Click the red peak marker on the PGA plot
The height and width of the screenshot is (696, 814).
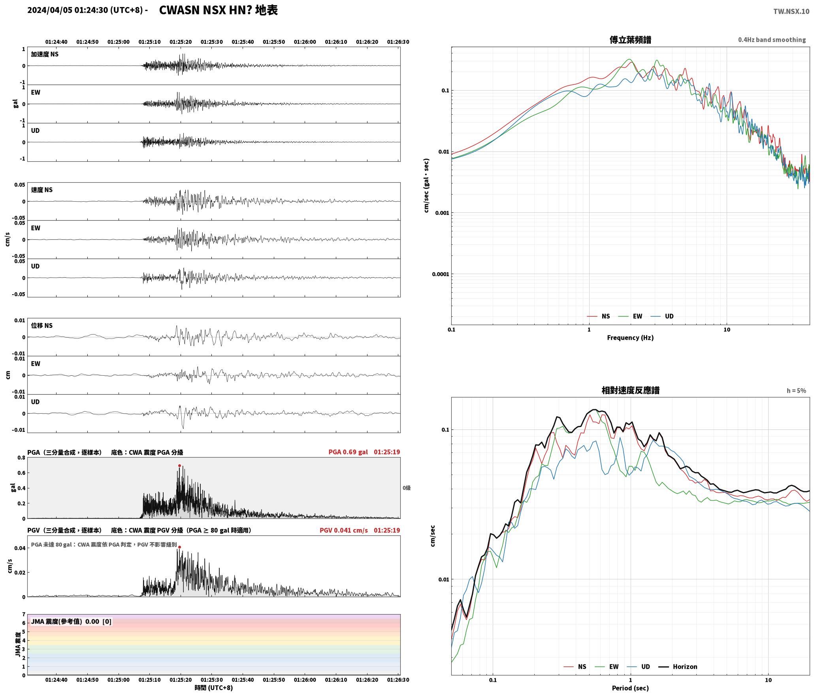pyautogui.click(x=179, y=466)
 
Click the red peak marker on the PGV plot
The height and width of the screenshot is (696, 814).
pyautogui.click(x=179, y=547)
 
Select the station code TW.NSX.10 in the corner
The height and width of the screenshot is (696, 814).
pyautogui.click(x=791, y=11)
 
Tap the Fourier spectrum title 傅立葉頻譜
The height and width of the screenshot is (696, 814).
pyautogui.click(x=630, y=40)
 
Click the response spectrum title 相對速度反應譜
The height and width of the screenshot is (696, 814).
pyautogui.click(x=630, y=390)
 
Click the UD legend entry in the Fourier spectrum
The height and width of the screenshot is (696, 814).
pyautogui.click(x=662, y=316)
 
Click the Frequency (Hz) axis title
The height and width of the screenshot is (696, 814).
pyautogui.click(x=630, y=338)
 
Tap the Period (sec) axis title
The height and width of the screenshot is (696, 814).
pyautogui.click(x=630, y=688)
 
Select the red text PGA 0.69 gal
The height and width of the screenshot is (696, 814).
pyautogui.click(x=348, y=452)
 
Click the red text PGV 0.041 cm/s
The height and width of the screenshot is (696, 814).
pyautogui.click(x=343, y=530)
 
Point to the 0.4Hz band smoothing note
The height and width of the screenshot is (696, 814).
pyautogui.click(x=772, y=40)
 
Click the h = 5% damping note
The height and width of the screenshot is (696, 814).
pyautogui.click(x=796, y=391)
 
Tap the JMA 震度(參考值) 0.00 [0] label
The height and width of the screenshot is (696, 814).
pyautogui.click(x=71, y=622)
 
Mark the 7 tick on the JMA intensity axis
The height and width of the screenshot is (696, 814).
pyautogui.click(x=24, y=615)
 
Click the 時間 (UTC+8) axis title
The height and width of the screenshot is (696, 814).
pyautogui.click(x=213, y=688)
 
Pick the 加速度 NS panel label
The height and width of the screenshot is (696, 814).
pyautogui.click(x=45, y=54)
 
